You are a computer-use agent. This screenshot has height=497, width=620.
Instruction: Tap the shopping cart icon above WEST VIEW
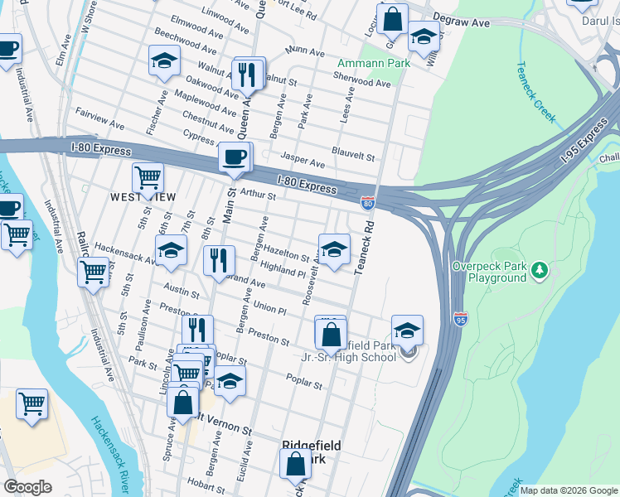click(x=148, y=176)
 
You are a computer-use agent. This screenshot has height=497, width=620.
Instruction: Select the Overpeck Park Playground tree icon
click(x=540, y=270)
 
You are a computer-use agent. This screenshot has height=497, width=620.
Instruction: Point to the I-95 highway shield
click(x=462, y=317)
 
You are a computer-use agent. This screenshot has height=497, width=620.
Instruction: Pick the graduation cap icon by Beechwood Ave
click(x=164, y=60)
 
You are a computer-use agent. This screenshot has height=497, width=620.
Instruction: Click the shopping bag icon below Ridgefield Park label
click(x=296, y=466)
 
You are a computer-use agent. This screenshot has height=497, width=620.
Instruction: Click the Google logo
click(x=28, y=487)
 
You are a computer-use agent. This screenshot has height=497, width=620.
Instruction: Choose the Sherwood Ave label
click(x=361, y=84)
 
